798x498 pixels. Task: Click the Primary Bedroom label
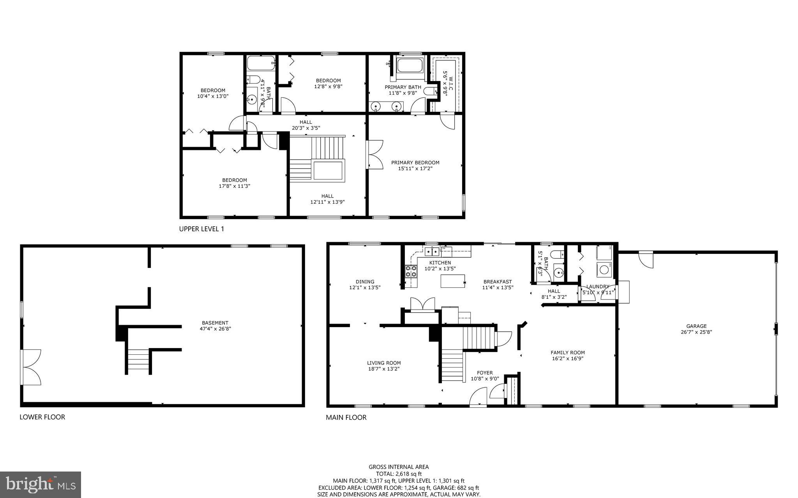point(415,163)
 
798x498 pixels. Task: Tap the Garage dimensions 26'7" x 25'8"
point(696,332)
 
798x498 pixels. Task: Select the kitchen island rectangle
point(453,281)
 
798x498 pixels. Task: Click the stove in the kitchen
point(410,271)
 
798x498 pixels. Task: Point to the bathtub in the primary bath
point(410,65)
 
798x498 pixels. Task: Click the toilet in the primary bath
point(430,92)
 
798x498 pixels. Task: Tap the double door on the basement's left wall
point(31,367)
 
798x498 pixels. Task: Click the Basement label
point(215,323)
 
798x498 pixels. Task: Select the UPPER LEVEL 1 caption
point(201,229)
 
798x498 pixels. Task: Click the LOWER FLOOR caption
point(42,417)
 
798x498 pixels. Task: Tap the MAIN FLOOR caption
point(346,417)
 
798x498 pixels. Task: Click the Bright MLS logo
point(41,484)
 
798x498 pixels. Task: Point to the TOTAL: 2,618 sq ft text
point(399,474)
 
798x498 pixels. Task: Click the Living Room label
point(383,363)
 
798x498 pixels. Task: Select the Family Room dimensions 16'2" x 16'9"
point(567,359)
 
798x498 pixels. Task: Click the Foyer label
point(485,373)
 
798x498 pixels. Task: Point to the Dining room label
point(365,282)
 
